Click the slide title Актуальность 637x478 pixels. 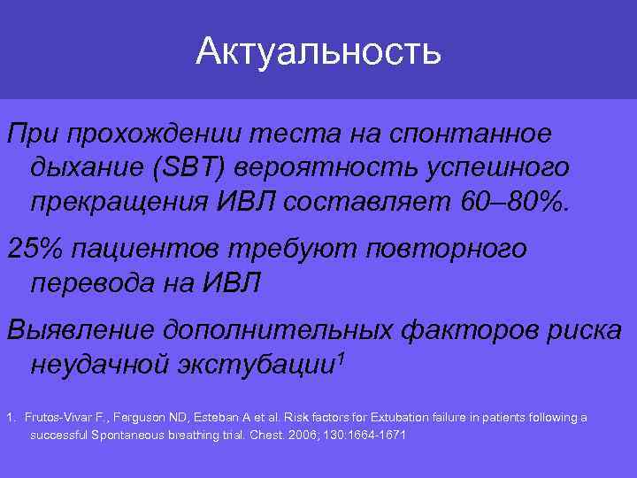pos(318,50)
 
